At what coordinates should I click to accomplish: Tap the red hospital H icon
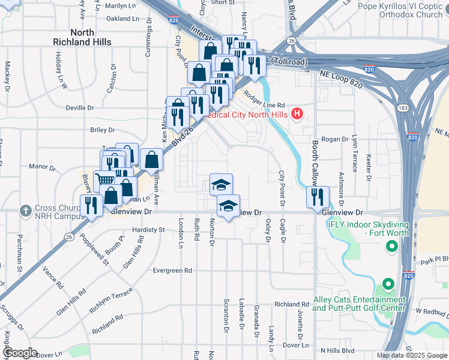(x=296, y=113)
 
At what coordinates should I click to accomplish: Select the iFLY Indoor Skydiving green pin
(x=392, y=246)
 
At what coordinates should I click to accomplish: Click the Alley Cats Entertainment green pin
(x=388, y=283)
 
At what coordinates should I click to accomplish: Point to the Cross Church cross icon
(x=25, y=211)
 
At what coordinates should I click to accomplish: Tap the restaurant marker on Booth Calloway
(x=318, y=196)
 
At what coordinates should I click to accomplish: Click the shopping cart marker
(x=105, y=179)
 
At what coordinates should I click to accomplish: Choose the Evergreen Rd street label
(x=172, y=271)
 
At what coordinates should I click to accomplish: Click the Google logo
(x=20, y=353)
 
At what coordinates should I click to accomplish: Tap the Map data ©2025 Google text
(x=411, y=355)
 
